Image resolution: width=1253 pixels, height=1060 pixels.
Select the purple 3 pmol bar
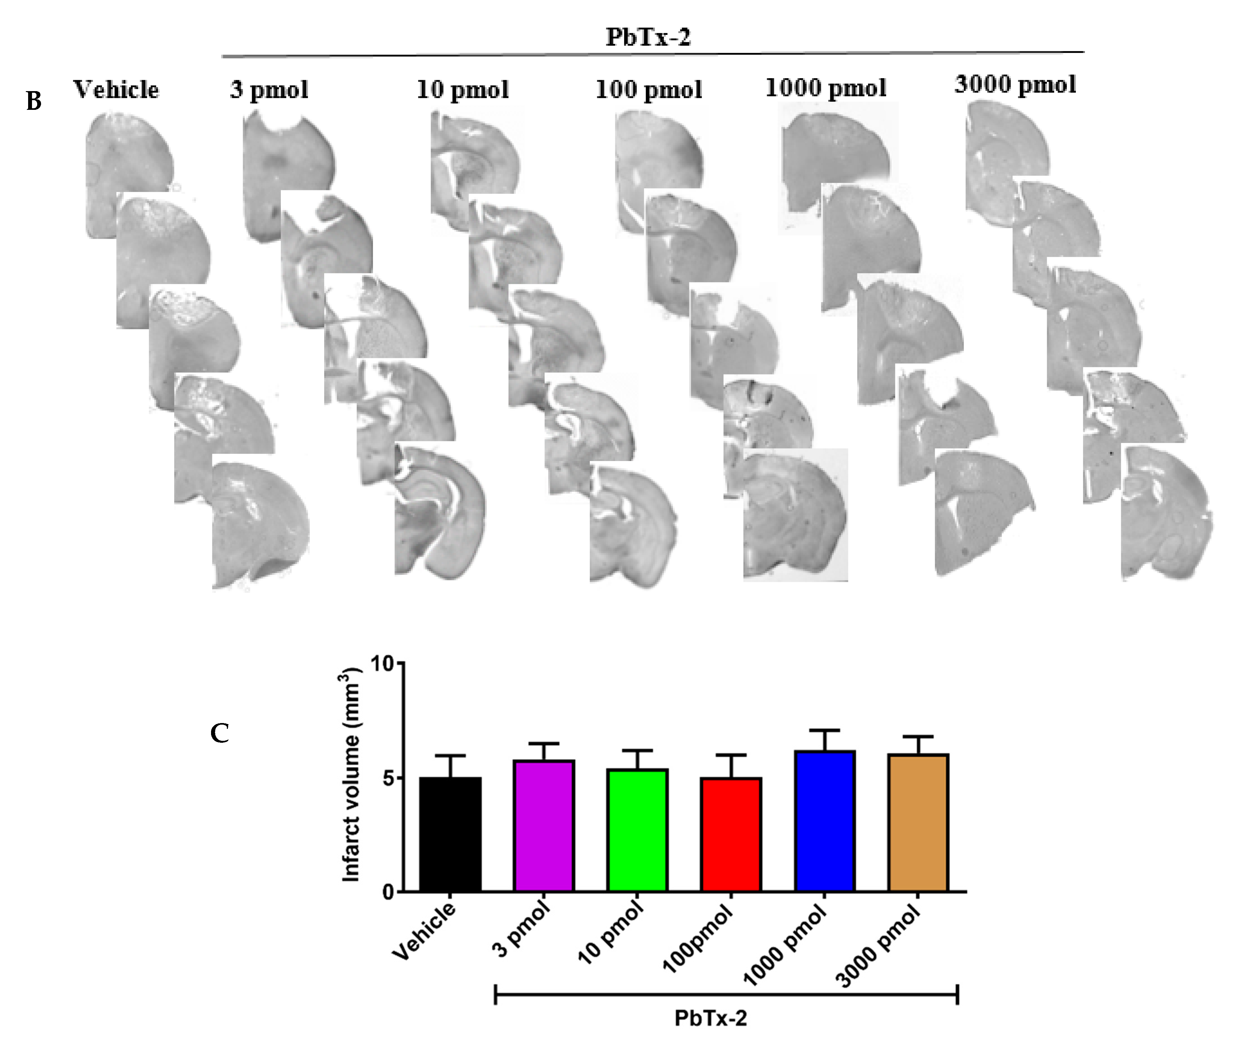point(544,826)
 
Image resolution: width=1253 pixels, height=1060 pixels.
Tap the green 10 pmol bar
point(638,830)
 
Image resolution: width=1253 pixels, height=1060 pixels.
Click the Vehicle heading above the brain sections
point(116,90)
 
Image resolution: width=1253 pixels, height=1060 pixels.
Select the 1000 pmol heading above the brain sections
point(826,88)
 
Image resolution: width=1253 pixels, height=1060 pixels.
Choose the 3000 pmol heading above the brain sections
point(1015,85)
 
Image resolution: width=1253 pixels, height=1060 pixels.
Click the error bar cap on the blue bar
point(824,731)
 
